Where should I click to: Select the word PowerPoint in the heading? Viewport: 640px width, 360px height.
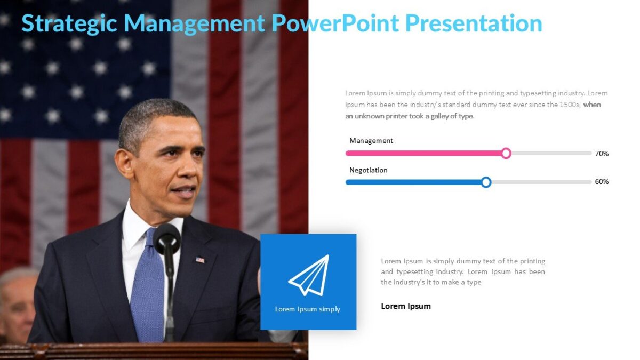coord(334,24)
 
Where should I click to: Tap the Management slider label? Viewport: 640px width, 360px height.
coord(371,141)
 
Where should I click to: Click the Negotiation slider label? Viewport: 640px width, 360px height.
coord(368,170)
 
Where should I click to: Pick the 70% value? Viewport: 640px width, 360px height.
coord(602,154)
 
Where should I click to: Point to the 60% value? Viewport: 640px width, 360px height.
coord(602,182)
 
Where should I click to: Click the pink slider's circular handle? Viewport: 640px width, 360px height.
coord(506,154)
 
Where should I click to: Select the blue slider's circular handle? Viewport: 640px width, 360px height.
coord(486,182)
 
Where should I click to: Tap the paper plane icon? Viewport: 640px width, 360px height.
coord(309,275)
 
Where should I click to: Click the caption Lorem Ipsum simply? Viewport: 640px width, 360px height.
coord(307,309)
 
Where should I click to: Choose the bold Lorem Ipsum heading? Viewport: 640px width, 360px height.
coord(405,306)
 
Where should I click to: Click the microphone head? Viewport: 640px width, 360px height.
coord(167,238)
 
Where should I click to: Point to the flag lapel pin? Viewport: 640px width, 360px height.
coord(200,260)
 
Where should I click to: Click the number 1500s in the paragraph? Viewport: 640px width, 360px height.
coord(570,105)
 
